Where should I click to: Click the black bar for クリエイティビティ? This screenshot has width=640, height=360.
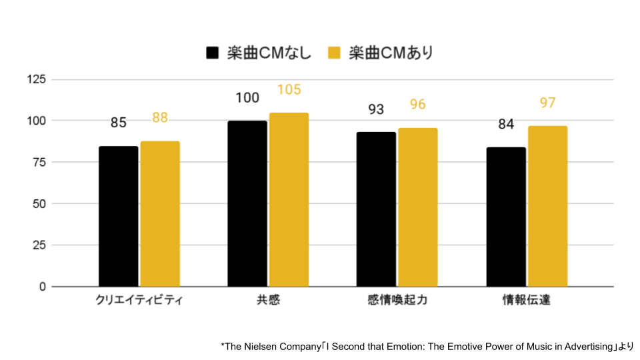coord(118,217)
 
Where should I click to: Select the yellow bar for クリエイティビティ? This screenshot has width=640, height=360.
coord(160,214)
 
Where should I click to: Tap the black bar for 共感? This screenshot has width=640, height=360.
coord(247,204)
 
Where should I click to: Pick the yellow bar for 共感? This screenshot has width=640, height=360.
coord(289,200)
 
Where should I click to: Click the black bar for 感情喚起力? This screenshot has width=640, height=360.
coord(376,209)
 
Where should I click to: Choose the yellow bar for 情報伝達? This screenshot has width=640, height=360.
coord(547,207)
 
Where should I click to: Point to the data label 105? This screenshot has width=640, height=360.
coord(289,90)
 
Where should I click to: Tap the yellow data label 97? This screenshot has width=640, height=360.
coord(547,103)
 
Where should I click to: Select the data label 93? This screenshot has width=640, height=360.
coord(376,109)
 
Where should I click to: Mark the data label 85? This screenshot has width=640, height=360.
coord(119,123)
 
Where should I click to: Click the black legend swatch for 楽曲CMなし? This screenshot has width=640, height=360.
coord(213,53)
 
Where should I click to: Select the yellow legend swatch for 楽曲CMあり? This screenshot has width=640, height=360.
coord(335,53)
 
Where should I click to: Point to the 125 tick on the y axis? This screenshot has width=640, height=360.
coord(36,79)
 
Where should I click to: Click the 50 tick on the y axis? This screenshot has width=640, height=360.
coord(39,203)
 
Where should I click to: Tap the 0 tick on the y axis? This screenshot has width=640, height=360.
coord(42,287)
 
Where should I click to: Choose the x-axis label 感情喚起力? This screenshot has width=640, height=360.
coord(397,301)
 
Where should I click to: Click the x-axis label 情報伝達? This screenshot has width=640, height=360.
coord(527,301)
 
